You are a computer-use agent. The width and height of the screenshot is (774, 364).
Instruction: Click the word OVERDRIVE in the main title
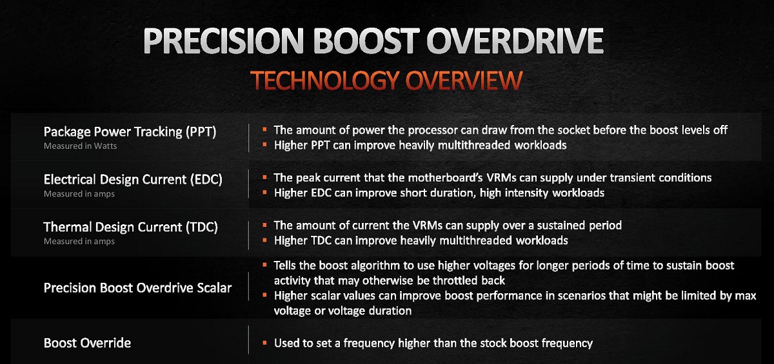click(515, 41)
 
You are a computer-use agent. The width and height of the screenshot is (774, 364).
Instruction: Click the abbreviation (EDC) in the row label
click(206, 179)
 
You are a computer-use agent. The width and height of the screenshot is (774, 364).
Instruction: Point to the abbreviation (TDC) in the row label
click(202, 227)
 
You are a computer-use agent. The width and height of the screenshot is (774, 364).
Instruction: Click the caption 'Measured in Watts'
click(80, 146)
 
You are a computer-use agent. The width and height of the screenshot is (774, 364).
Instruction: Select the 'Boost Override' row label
click(87, 343)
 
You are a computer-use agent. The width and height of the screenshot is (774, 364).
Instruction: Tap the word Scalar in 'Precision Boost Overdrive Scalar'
click(214, 288)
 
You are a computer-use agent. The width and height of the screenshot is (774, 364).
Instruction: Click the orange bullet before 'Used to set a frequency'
click(264, 343)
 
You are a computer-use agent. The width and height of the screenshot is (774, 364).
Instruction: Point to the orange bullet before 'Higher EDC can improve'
click(264, 192)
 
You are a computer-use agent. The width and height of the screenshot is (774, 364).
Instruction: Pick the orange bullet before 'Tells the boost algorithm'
click(264, 265)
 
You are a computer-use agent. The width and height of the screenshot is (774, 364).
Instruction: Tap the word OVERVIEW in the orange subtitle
click(464, 81)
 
